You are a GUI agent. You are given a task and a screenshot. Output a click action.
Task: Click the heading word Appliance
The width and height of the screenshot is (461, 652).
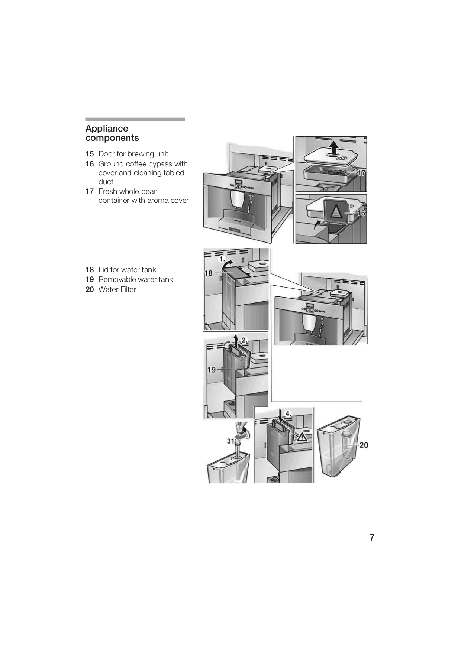pos(107,129)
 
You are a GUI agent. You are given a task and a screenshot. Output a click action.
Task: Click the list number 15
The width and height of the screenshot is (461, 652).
pos(90,154)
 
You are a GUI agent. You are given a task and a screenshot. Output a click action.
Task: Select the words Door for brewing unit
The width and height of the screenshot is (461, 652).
pos(133,154)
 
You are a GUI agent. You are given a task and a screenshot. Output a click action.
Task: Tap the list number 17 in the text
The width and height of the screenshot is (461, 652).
pos(90,191)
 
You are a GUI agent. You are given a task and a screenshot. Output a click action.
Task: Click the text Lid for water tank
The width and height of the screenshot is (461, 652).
pos(127,270)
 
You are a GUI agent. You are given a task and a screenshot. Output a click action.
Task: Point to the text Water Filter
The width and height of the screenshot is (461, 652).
pos(117,289)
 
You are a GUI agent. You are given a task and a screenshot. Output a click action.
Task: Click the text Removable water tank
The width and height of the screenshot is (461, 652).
pos(135,279)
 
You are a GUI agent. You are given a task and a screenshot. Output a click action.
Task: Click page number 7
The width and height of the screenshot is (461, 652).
pos(372,538)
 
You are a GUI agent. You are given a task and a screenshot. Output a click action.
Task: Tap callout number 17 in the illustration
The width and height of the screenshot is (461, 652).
pos(361,173)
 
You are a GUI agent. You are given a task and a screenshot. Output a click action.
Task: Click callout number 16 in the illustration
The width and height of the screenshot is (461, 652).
pos(361,213)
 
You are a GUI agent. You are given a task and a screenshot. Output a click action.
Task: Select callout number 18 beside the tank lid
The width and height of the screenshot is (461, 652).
pos(208,273)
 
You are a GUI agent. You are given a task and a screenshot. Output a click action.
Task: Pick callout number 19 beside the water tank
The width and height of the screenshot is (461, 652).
pos(211,370)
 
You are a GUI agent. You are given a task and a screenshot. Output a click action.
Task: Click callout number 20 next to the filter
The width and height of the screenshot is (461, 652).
pos(364,445)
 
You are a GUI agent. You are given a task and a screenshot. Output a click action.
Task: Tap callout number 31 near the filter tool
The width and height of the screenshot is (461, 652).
pos(231,441)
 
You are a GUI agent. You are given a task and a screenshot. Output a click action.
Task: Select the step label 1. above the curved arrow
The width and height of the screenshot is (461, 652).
pos(222,258)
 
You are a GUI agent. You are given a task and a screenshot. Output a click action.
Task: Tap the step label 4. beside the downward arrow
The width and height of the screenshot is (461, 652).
pos(288,414)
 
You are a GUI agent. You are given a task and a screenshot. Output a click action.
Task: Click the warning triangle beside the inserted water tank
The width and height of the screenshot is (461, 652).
pos(302,437)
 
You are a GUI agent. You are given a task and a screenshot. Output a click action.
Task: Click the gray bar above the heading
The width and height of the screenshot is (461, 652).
pos(135,119)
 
